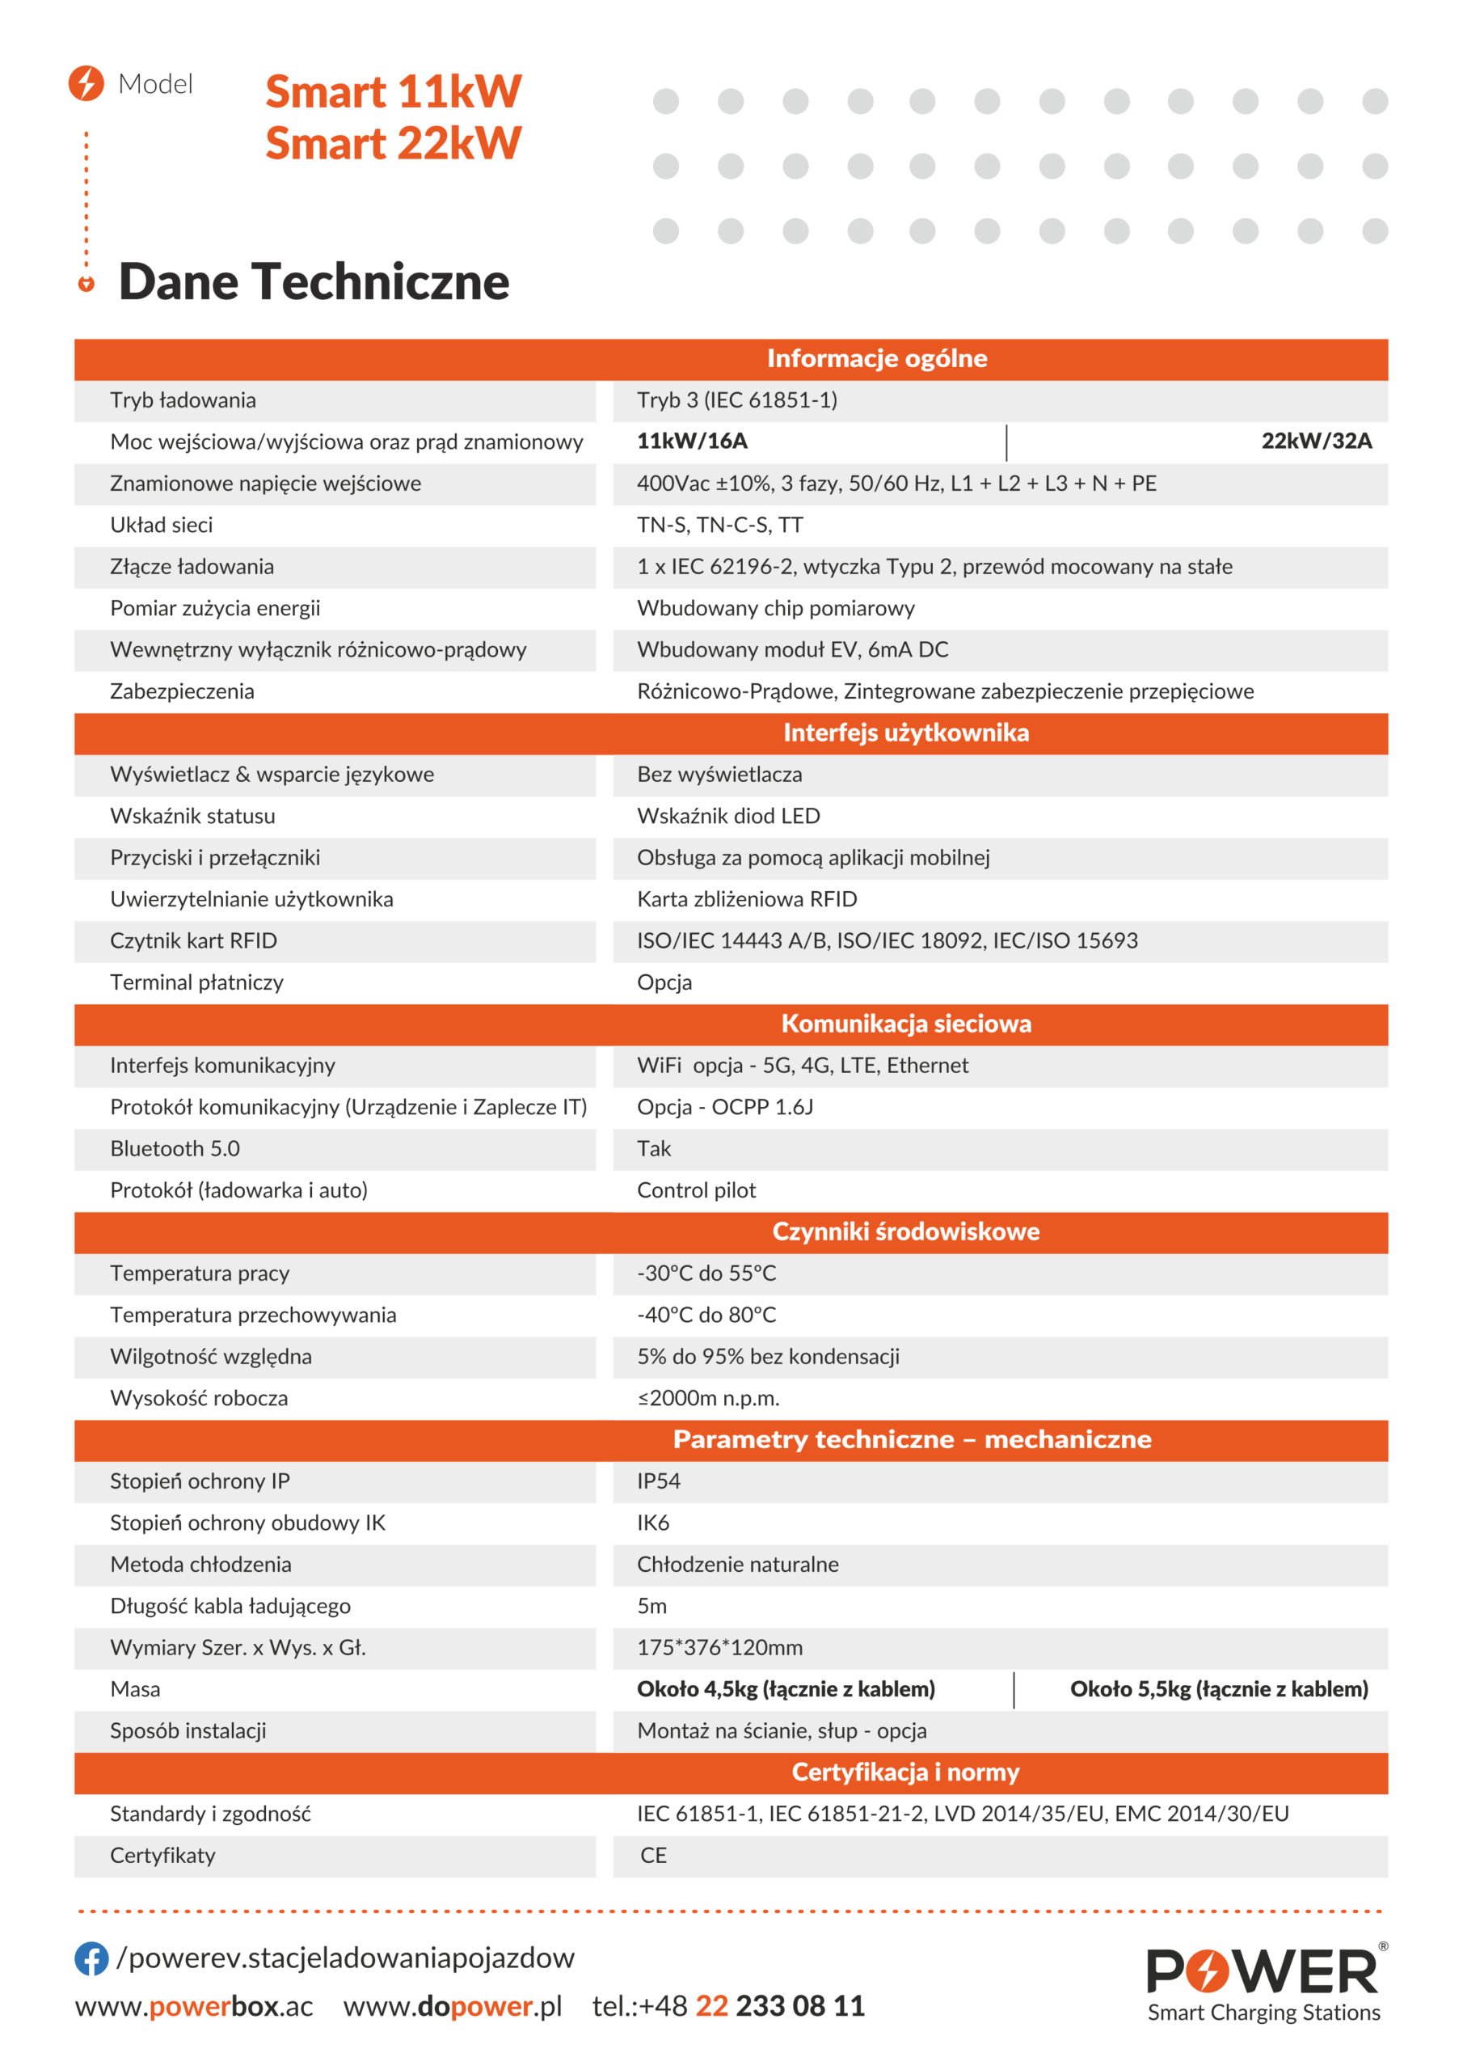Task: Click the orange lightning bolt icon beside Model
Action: pyautogui.click(x=86, y=83)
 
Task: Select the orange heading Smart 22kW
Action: pyautogui.click(x=393, y=143)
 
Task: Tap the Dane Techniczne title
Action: pyautogui.click(x=314, y=281)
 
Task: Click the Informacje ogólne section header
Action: pyautogui.click(x=876, y=359)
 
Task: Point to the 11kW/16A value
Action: pyautogui.click(x=691, y=441)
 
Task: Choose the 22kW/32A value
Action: pyautogui.click(x=1315, y=441)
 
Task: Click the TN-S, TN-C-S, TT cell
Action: pyautogui.click(x=719, y=525)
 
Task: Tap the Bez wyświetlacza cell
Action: pyautogui.click(x=719, y=775)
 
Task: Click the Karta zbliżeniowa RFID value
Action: pyautogui.click(x=746, y=899)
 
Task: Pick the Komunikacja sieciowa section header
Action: pyautogui.click(x=905, y=1024)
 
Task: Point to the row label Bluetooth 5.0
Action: pyautogui.click(x=175, y=1148)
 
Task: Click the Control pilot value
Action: pyautogui.click(x=696, y=1190)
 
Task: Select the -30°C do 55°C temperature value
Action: pyautogui.click(x=706, y=1273)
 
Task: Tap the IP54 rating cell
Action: pyautogui.click(x=658, y=1481)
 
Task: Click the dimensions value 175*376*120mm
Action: pyautogui.click(x=719, y=1647)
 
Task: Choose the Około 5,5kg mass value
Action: pyautogui.click(x=1218, y=1688)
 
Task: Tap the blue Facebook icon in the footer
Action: pyautogui.click(x=91, y=1958)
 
